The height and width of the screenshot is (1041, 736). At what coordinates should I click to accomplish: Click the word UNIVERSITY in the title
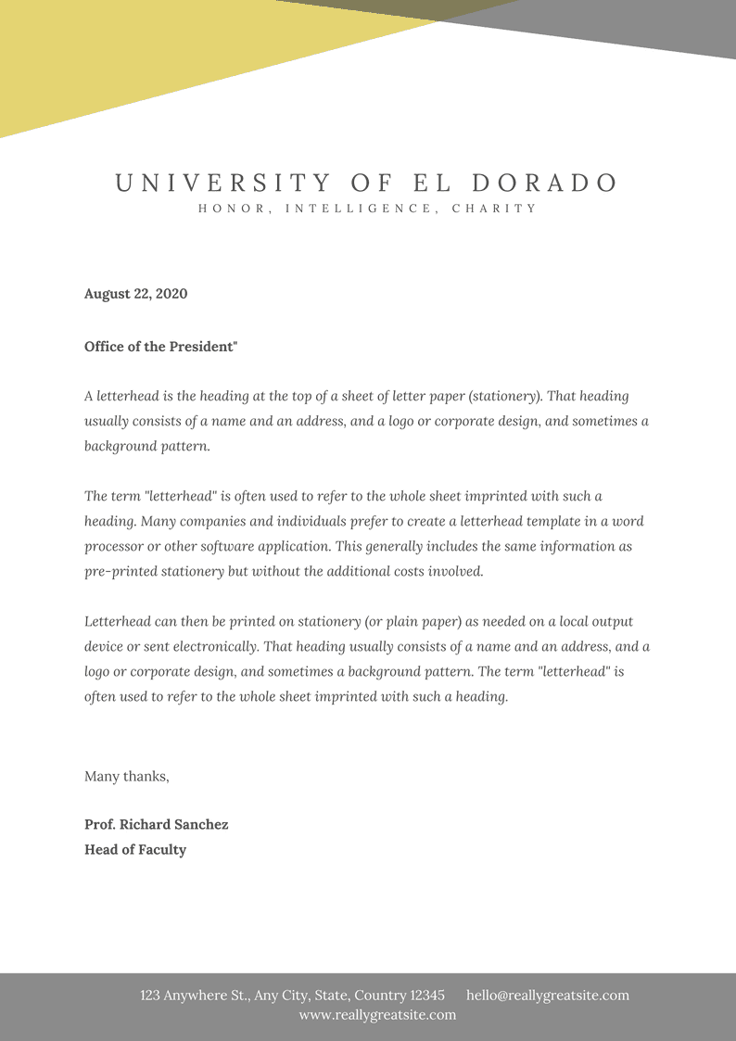pos(223,183)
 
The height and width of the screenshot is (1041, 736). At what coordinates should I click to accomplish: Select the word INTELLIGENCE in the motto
pos(359,209)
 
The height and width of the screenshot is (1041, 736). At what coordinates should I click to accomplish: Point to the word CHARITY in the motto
pos(494,209)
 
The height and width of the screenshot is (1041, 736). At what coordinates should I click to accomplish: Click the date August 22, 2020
pos(135,294)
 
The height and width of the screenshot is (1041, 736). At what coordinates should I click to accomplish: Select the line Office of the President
pos(160,347)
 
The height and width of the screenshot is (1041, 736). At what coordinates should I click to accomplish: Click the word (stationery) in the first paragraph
pos(505,396)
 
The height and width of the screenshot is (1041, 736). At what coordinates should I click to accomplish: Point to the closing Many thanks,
pos(127,776)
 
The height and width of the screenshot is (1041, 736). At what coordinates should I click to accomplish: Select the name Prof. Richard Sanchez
pos(156,824)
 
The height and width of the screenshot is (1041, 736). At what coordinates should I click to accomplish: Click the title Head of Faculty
pos(135,849)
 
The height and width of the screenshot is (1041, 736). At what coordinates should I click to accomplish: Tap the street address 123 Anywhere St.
pos(195,996)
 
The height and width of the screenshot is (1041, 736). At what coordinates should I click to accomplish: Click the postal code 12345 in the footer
pos(427,996)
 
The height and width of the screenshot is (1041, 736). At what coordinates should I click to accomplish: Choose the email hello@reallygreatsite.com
pos(547,996)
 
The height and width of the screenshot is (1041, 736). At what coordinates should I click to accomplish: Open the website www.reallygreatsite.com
pos(377,1015)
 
